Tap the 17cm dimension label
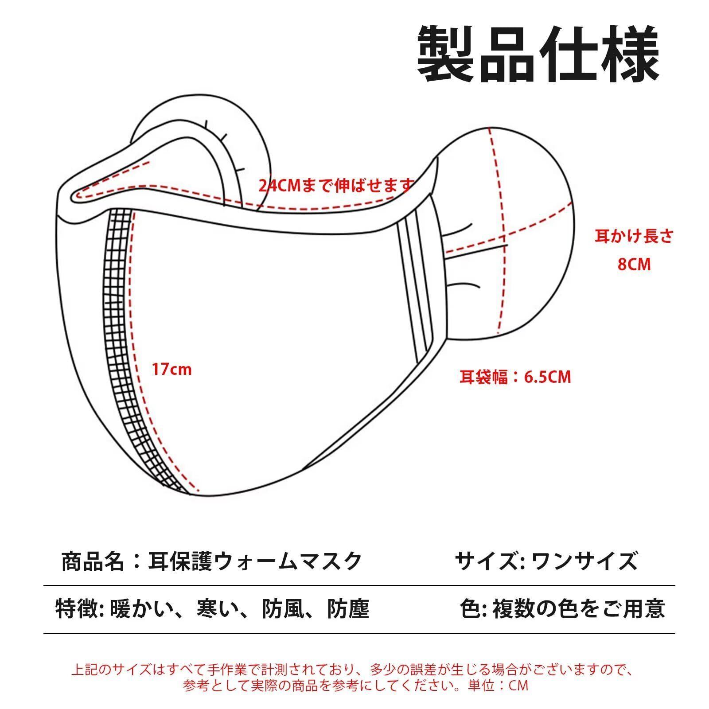pyautogui.click(x=172, y=369)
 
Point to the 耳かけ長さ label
pyautogui.click(x=634, y=237)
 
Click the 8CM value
pyautogui.click(x=634, y=265)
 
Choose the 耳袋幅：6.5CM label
pyautogui.click(x=515, y=377)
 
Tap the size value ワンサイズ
pyautogui.click(x=584, y=561)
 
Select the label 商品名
pyautogui.click(x=92, y=561)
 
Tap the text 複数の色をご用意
pyautogui.click(x=579, y=608)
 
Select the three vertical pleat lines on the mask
pyautogui.click(x=416, y=284)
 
